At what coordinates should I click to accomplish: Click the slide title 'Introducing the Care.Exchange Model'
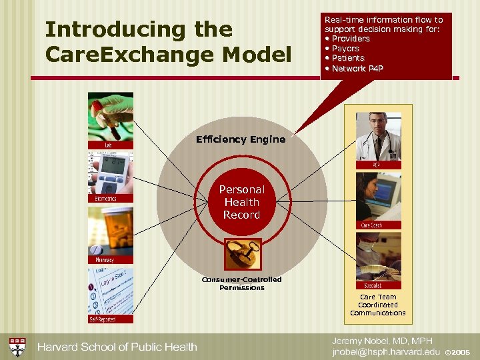pos(167,41)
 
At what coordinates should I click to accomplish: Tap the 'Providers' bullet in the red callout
pos(351,39)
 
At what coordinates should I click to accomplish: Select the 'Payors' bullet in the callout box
pos(345,49)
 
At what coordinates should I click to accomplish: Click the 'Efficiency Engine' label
pos(241,139)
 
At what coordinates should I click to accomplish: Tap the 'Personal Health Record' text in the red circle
pos(241,202)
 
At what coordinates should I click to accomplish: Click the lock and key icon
pos(242,254)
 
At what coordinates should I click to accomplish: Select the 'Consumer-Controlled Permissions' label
pos(242,283)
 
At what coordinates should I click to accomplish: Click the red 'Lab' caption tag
pos(108,145)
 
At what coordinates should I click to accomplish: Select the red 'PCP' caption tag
pos(377,165)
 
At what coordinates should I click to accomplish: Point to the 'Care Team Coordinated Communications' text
pos(378,305)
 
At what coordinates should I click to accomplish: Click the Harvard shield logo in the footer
pos(17,346)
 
